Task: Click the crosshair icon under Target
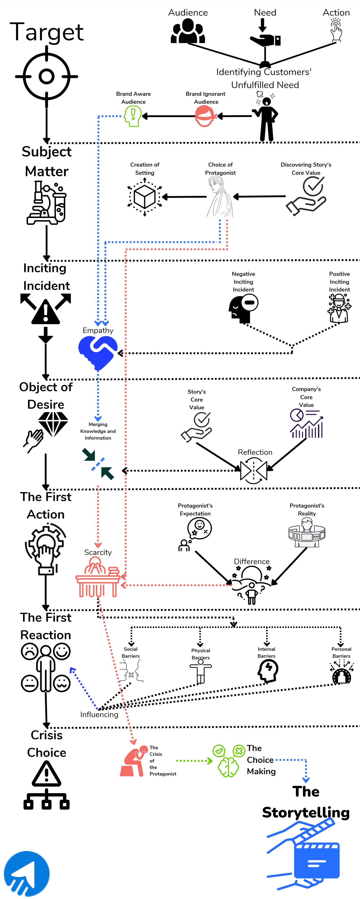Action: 46,76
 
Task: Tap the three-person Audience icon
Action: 188,31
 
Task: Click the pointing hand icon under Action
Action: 336,31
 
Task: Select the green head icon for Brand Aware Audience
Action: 133,116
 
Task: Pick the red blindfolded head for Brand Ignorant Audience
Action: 205,116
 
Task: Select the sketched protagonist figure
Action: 220,197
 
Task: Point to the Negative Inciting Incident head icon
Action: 243,307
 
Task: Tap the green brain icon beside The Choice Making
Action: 228,761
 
